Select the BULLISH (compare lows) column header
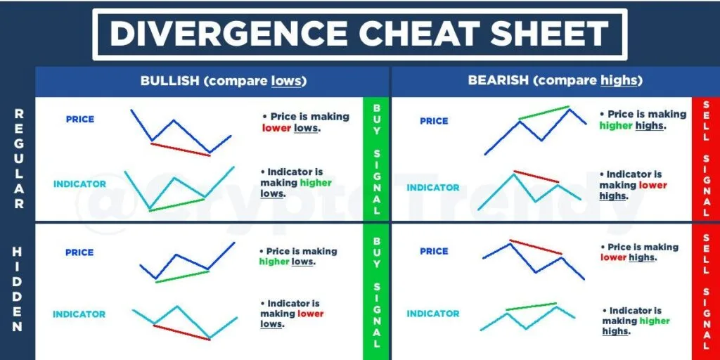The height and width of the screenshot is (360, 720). (224, 81)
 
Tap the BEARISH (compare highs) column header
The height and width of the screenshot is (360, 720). (555, 81)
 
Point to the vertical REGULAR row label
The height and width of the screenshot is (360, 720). (19, 158)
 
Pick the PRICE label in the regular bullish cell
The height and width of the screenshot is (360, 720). (80, 120)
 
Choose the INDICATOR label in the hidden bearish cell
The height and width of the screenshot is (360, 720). (432, 314)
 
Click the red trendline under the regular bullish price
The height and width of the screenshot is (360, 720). (180, 149)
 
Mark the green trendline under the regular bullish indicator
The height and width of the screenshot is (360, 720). (177, 204)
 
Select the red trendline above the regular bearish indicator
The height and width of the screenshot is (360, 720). (536, 176)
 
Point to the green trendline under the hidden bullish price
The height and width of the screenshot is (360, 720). (182, 276)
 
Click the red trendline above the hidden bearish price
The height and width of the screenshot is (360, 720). (535, 247)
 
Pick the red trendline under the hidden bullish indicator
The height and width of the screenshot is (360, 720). (181, 332)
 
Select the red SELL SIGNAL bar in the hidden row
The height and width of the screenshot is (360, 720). (705, 292)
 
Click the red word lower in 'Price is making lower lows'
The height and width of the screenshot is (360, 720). (276, 129)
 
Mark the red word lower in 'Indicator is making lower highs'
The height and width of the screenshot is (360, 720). (653, 186)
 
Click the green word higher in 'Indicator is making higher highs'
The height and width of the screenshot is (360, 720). (655, 321)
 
